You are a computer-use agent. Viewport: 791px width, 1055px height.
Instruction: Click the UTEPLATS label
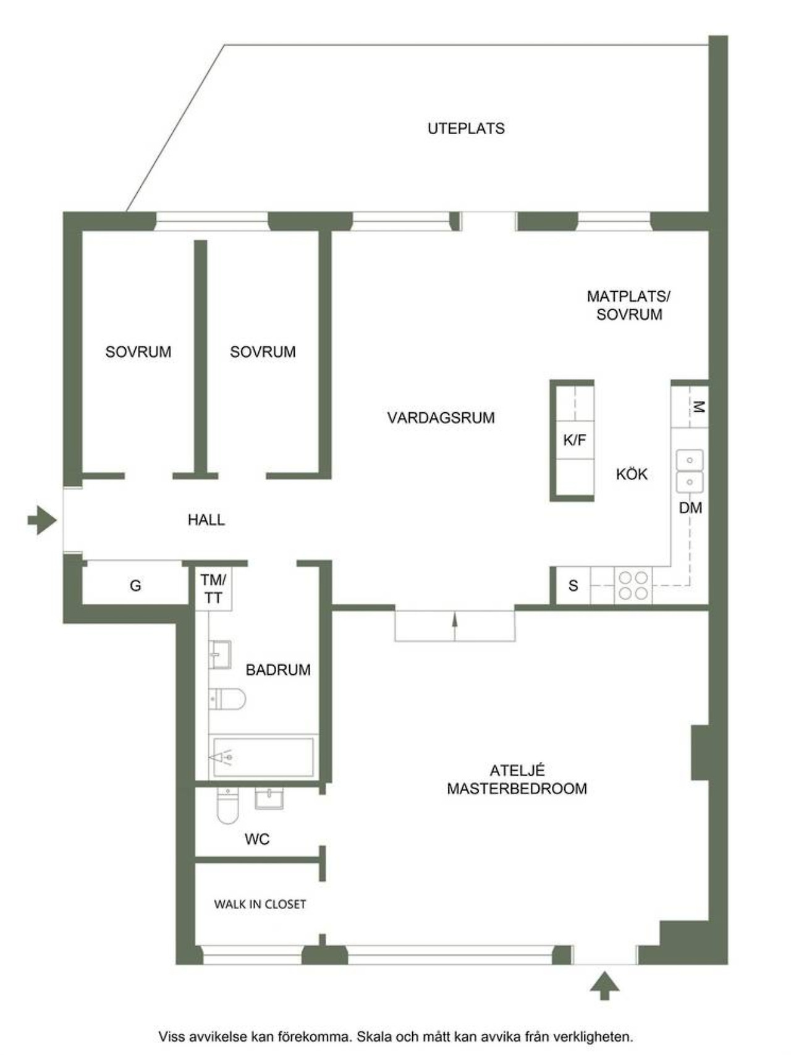point(466,129)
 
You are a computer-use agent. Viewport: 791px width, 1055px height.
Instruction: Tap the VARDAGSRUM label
point(441,418)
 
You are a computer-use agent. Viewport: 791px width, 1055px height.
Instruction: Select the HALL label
point(206,520)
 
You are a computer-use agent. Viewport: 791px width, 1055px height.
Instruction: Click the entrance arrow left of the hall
point(42,520)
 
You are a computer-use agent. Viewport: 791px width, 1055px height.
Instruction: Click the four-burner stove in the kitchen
point(633,586)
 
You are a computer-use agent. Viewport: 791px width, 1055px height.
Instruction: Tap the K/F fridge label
point(575,440)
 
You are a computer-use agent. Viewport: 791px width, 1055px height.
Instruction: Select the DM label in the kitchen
point(690,507)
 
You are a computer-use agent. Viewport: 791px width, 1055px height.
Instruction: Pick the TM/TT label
point(213,589)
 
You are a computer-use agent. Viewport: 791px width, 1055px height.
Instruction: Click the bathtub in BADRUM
point(263,756)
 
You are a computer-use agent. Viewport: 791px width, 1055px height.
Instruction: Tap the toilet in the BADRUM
point(227,699)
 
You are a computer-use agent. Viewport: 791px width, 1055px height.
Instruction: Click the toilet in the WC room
point(227,805)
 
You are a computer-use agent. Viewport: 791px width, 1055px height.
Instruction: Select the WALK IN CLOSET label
point(260,904)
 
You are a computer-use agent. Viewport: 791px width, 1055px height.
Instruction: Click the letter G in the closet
point(135,585)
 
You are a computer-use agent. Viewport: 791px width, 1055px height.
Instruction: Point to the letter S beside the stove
point(573,585)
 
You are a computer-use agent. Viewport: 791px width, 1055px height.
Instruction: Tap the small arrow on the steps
point(455,627)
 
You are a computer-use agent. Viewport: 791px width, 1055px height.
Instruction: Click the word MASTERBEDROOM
point(517,789)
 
